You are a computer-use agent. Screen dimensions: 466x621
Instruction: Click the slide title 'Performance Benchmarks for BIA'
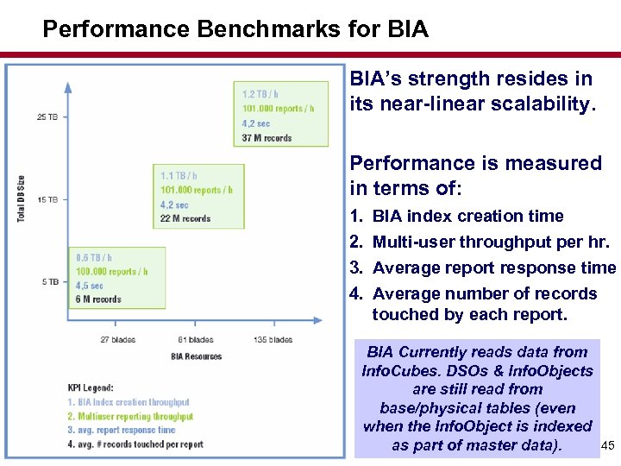(235, 30)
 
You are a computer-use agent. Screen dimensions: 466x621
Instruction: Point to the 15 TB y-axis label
(47, 199)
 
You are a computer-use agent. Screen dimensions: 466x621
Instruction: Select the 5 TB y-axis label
(50, 282)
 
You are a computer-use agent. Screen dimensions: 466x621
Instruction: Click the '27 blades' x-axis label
(117, 340)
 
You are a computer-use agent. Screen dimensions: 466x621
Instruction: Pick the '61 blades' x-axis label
(196, 340)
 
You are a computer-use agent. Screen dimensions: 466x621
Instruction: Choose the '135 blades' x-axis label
(274, 340)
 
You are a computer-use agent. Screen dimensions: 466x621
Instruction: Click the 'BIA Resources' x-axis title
(196, 356)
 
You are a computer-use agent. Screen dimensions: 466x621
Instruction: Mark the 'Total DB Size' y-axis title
(21, 198)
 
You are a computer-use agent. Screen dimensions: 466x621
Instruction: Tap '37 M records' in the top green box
(267, 138)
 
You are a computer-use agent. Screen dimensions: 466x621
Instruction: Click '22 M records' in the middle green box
(185, 219)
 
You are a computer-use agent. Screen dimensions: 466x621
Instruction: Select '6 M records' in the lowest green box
(99, 299)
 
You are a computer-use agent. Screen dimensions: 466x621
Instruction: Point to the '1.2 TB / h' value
(260, 94)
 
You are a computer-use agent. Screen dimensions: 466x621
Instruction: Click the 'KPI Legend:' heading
(91, 387)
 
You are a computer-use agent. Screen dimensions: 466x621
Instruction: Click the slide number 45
(606, 446)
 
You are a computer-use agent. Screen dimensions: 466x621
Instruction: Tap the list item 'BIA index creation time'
(467, 216)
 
